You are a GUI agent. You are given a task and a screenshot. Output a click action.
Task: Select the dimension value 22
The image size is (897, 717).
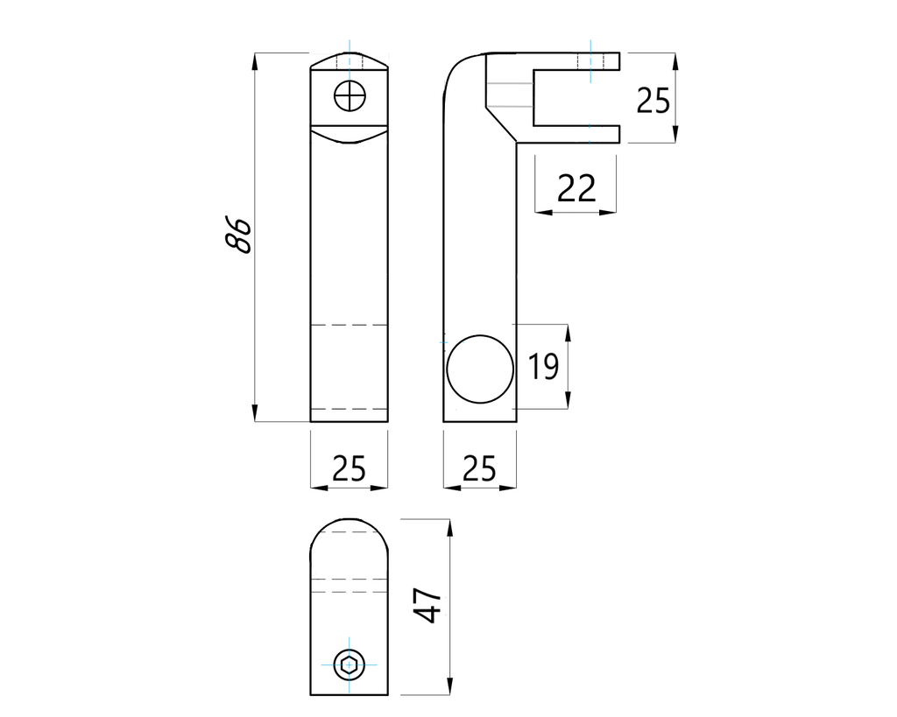576,188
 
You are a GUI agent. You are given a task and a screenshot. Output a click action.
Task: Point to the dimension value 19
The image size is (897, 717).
543,366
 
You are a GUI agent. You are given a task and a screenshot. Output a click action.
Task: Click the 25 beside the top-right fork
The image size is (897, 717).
653,101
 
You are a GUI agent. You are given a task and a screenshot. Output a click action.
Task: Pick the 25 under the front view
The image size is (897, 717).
349,470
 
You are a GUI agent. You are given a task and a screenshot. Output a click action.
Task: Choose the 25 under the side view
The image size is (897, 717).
478,470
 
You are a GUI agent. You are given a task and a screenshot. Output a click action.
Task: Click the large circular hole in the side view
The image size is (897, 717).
479,368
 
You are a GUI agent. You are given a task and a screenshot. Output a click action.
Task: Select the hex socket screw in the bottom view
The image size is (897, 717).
349,664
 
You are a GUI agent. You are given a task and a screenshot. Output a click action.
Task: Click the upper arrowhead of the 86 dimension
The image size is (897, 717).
255,60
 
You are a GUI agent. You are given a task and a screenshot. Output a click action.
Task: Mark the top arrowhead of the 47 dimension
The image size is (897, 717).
450,526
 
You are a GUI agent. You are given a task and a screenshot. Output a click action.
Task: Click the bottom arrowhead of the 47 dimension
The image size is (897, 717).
450,688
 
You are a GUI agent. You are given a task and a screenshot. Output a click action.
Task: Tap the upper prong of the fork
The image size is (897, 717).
578,60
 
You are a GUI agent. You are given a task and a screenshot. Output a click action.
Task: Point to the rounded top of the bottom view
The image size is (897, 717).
350,524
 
